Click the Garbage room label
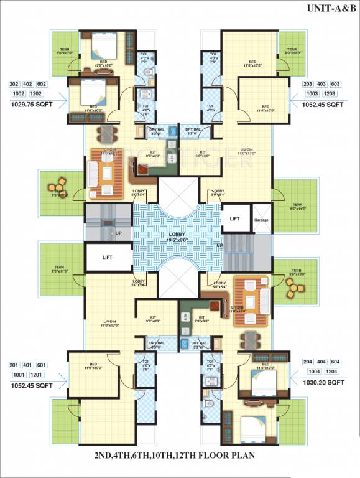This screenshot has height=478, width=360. [x=261, y=220]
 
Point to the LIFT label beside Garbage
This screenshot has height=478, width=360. [x=234, y=219]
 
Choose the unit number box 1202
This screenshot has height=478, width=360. [x=37, y=93]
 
